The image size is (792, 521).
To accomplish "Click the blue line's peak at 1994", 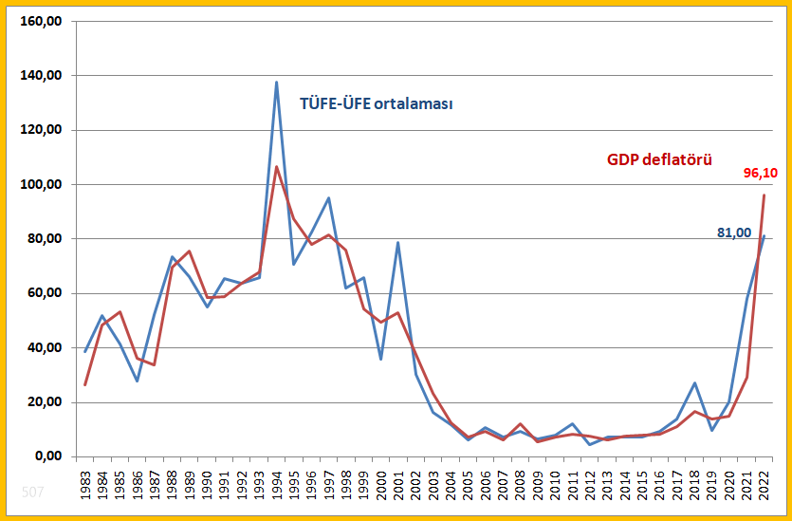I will tap(276, 82).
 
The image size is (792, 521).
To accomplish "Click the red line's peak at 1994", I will tap(276, 167).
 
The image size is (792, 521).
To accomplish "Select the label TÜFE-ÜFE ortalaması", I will tap(376, 103).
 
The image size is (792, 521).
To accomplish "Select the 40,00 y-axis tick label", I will tap(45, 348).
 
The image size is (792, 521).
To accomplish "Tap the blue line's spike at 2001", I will tap(398, 243).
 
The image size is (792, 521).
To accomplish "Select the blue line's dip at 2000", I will tap(380, 359).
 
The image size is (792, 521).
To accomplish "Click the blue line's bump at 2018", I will tap(694, 383).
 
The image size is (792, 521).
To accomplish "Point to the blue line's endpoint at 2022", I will tap(764, 236).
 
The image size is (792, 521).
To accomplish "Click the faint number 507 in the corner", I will tap(32, 493).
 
